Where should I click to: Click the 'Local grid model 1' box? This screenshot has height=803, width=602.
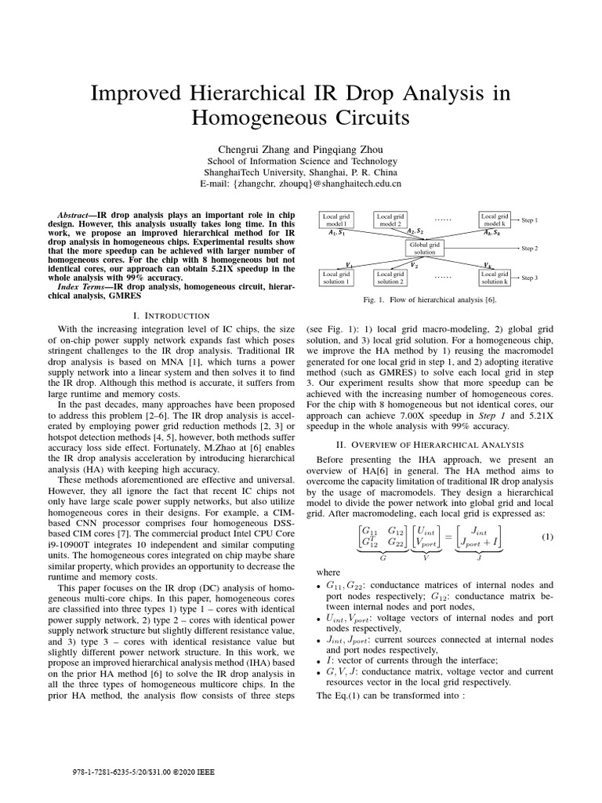(337, 220)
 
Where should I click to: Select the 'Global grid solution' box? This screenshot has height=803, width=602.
(424, 249)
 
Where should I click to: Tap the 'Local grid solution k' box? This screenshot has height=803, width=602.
(495, 277)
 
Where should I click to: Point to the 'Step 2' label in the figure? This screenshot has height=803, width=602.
(529, 249)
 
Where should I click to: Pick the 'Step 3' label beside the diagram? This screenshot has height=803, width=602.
(529, 278)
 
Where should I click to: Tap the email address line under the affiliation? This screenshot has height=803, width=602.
(301, 183)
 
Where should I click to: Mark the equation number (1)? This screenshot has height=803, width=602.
(547, 536)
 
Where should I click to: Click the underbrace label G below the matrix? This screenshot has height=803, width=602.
(382, 557)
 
